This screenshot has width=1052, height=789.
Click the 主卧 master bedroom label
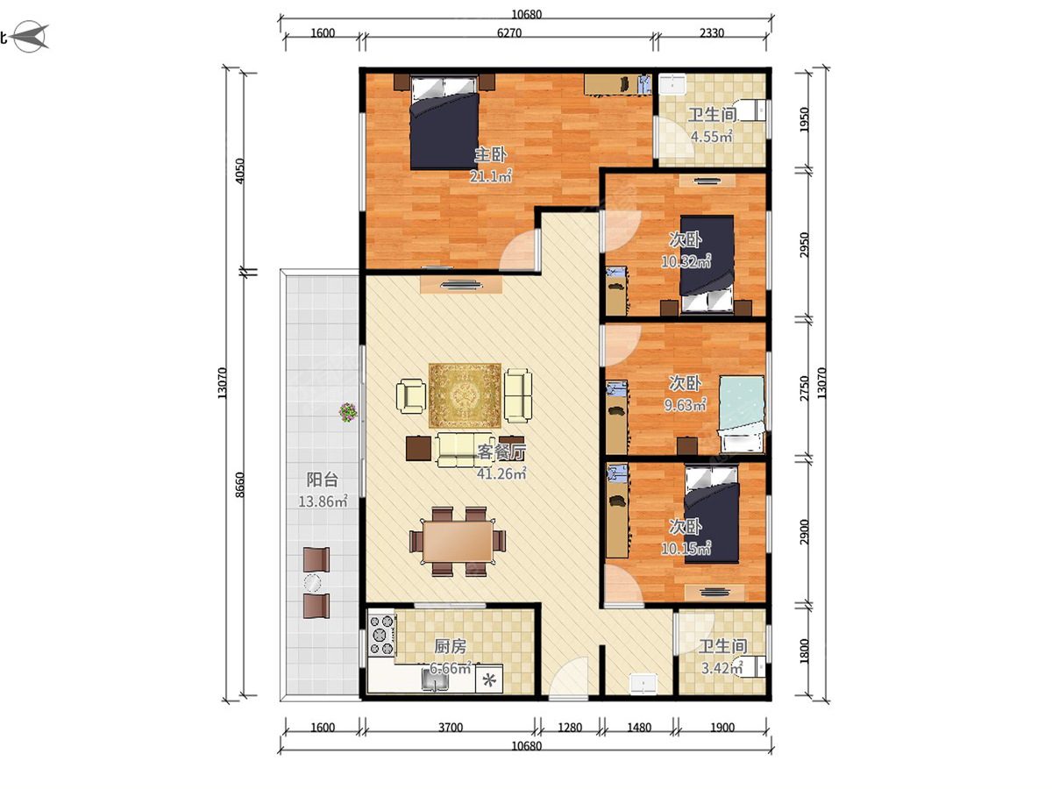click(490, 155)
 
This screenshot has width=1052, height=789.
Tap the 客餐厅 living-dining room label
click(501, 451)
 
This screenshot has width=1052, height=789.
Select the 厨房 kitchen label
click(450, 647)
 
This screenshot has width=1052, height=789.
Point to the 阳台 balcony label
click(322, 480)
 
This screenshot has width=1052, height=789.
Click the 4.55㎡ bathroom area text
click(711, 137)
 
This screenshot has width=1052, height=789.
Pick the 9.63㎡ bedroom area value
click(685, 405)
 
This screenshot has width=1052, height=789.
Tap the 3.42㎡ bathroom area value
click(722, 667)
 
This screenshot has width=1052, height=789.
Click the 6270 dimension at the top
click(509, 33)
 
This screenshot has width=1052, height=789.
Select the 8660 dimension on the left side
click(240, 485)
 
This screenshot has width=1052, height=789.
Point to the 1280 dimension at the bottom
click(570, 728)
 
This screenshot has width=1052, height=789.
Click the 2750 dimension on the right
click(805, 388)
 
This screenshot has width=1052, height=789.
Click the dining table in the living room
click(458, 541)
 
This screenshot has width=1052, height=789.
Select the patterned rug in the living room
click(465, 395)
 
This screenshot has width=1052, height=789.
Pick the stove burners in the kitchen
click(382, 636)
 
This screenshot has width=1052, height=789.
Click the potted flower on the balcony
click(348, 412)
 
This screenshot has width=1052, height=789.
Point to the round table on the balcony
click(312, 583)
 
